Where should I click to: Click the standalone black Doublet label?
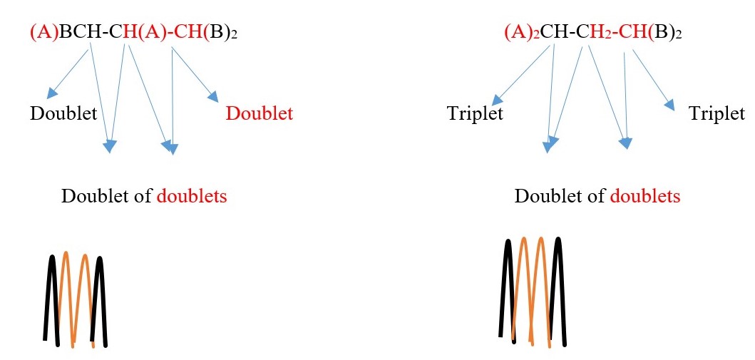(63, 114)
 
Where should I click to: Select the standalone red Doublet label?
(259, 114)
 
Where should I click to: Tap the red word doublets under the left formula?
(192, 197)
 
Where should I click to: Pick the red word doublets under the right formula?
(645, 197)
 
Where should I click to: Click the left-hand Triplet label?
(475, 114)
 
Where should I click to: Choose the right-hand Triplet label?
(717, 114)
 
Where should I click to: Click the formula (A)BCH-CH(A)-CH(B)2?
(133, 33)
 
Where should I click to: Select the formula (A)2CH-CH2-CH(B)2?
(592, 33)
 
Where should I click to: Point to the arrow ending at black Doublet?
(68, 71)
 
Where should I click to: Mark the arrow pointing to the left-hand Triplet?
(523, 75)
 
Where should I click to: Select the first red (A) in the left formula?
(44, 33)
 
